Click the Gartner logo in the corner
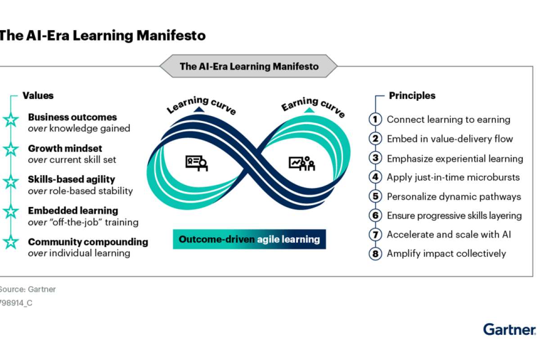[509, 329]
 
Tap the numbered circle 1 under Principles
[375, 119]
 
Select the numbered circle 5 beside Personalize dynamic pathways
[375, 196]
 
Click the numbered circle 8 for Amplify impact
[375, 254]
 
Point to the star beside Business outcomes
[11, 120]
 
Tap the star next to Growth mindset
[11, 149]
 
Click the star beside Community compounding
[11, 242]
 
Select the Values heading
[38, 95]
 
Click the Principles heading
[412, 95]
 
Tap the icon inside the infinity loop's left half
[197, 163]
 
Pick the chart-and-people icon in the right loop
[302, 163]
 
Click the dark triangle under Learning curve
[199, 110]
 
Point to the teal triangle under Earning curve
[309, 110]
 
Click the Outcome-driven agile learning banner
[249, 239]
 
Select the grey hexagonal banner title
[248, 66]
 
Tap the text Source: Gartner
[27, 289]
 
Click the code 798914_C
[16, 303]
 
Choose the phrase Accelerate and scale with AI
[449, 234]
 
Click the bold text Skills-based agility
[72, 180]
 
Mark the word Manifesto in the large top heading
[171, 36]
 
